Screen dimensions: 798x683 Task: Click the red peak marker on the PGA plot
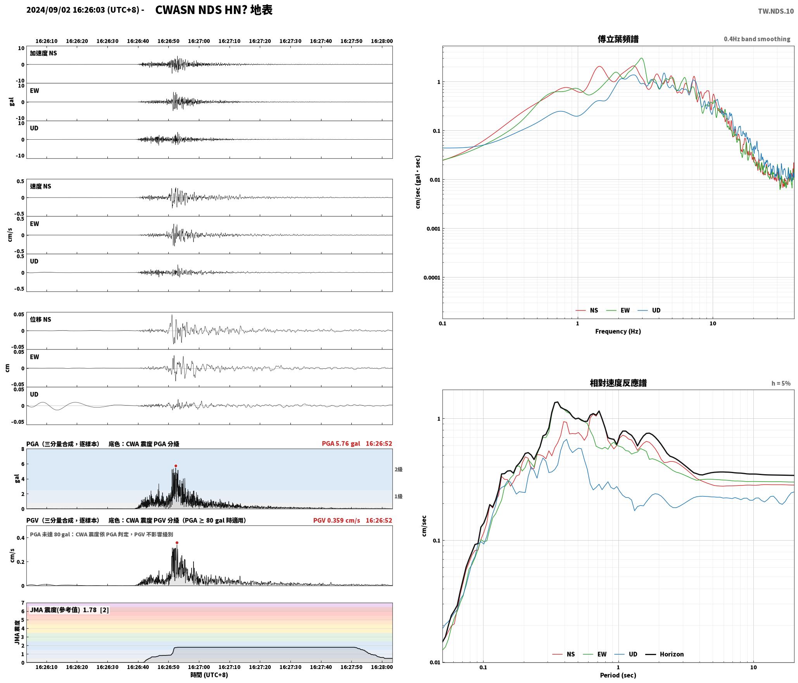[x=176, y=466]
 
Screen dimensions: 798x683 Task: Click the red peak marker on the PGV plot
[x=177, y=543]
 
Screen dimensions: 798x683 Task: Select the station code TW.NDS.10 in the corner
[x=776, y=11]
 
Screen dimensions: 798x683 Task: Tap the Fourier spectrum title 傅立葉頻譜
[x=618, y=39]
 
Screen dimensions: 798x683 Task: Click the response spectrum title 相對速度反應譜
[x=618, y=383]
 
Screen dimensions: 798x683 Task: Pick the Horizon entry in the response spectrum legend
[x=665, y=654]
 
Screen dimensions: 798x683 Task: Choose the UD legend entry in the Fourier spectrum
[x=649, y=310]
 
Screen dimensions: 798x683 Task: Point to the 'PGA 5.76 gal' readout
[x=341, y=444]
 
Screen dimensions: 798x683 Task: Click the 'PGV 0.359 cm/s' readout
[x=337, y=520]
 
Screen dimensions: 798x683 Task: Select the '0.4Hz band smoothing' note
[x=757, y=39]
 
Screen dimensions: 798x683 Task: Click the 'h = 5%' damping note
[x=781, y=383]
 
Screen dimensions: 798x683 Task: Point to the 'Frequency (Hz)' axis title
[x=618, y=331]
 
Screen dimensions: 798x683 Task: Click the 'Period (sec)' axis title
[x=618, y=675]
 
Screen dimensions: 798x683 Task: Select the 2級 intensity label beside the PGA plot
[x=399, y=469]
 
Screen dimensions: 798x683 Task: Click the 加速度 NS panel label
[x=43, y=53]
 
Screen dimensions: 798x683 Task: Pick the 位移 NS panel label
[x=41, y=319]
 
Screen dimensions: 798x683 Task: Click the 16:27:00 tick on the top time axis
[x=199, y=41]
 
